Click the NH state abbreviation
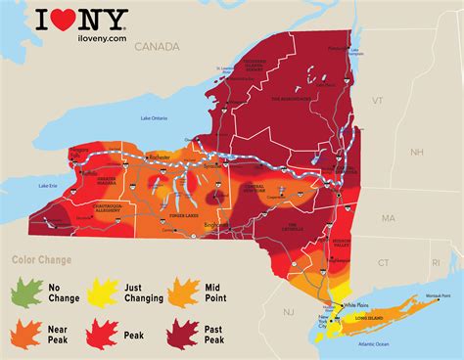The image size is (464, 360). (416, 152)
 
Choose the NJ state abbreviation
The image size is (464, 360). (288, 310)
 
